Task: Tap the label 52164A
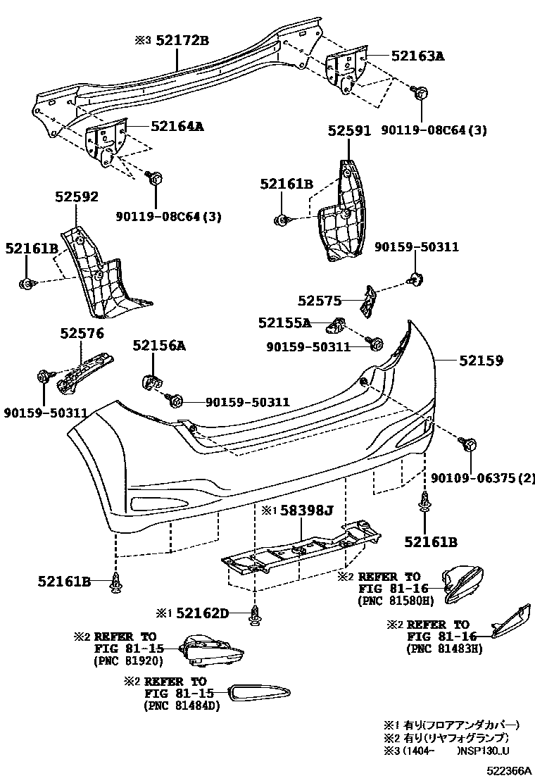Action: tap(177, 127)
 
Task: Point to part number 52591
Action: tap(349, 131)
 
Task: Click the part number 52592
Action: tap(77, 197)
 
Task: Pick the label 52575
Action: tap(319, 301)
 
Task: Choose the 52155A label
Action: tap(284, 322)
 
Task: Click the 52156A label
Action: tap(160, 346)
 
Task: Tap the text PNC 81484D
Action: tap(182, 706)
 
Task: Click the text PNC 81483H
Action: tap(444, 649)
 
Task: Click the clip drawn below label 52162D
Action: tap(254, 616)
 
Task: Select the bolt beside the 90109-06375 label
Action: tap(468, 444)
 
